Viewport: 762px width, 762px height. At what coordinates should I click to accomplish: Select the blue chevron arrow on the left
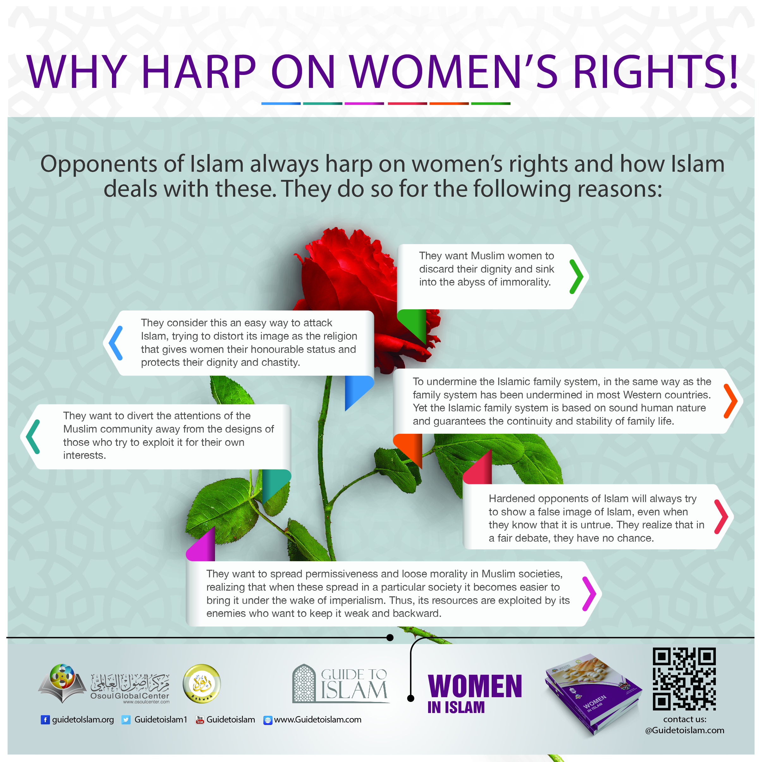pos(115,343)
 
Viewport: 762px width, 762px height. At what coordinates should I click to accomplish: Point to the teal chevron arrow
pos(33,437)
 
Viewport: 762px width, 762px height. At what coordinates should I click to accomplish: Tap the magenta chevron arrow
pos(589,593)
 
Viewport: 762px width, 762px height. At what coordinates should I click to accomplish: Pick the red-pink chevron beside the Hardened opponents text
pos(722,516)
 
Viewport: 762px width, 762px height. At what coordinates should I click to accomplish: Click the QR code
pos(684,679)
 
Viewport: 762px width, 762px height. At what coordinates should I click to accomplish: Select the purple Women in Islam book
pos(593,694)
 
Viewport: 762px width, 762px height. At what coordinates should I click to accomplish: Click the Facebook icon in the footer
pos(45,720)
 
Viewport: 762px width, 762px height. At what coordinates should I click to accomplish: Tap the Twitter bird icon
pos(126,720)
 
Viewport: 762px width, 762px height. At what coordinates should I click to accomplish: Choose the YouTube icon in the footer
pos(200,720)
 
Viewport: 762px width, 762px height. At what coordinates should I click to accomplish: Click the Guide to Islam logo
pos(341,684)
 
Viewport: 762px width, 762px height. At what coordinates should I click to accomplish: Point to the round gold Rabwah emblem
pos(201,684)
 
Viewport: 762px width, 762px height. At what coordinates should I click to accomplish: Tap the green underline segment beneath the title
pos(490,103)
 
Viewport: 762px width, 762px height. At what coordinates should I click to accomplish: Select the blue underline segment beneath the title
pos(281,103)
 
